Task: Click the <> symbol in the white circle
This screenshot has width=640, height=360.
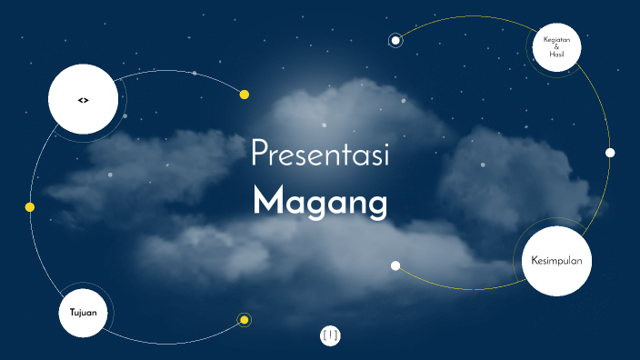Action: tap(83, 99)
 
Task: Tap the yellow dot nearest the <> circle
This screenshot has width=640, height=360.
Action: tap(244, 95)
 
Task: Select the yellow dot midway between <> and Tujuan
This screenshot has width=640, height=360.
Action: tap(30, 207)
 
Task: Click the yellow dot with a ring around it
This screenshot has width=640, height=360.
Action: tap(244, 319)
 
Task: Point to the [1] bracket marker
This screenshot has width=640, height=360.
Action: tap(330, 335)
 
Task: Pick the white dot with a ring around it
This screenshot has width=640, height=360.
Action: tap(395, 40)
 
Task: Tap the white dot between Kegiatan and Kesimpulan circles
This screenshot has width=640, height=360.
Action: tap(610, 153)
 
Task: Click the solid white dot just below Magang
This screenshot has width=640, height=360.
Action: tap(395, 265)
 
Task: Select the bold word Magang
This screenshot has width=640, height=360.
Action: tap(320, 202)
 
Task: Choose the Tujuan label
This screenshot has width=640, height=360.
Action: tap(83, 313)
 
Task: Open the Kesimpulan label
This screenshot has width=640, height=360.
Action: tap(556, 262)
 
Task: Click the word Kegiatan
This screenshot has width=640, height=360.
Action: tap(556, 39)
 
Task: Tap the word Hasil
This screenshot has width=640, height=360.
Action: tap(556, 55)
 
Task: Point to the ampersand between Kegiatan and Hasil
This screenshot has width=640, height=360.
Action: tap(556, 47)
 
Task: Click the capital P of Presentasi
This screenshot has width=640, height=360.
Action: tap(258, 155)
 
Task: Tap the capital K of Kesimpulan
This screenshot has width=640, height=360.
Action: tap(535, 262)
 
